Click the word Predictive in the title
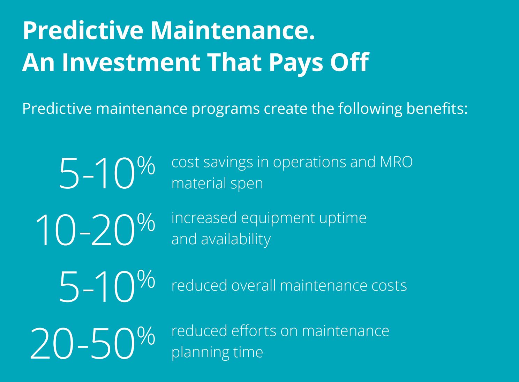[83, 31]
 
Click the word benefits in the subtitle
[437, 108]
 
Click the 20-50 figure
[82, 343]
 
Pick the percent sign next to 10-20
[146, 222]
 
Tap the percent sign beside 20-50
[146, 336]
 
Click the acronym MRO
[396, 162]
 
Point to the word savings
[228, 163]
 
